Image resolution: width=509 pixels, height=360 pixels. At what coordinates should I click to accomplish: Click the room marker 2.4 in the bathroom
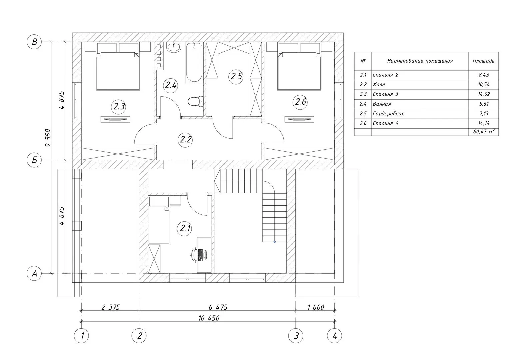pos(171,86)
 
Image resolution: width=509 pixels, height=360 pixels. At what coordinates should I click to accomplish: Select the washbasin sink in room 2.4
pos(174,48)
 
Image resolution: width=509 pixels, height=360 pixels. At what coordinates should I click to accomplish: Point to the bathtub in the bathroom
pos(194,62)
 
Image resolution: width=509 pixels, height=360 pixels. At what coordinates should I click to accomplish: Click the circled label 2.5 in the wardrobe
pos(236,77)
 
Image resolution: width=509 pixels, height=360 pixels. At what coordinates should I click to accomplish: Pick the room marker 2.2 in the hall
pos(185,140)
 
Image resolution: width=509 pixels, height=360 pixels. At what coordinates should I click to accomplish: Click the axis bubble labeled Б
pos(34,160)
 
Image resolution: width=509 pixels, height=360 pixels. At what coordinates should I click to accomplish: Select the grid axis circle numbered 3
pos(296,335)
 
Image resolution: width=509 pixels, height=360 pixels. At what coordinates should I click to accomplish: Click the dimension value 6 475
pos(218,307)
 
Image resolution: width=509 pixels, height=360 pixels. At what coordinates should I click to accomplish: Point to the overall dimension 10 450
pos(209,318)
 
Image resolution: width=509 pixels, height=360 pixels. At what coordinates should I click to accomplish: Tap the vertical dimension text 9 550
pos(48,138)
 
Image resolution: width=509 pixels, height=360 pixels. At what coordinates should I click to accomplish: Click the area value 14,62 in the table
pos(484,94)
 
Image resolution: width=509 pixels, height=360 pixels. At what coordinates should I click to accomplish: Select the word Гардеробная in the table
pos(388,113)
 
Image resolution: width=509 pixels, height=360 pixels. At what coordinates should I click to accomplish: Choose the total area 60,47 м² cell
pos(484,131)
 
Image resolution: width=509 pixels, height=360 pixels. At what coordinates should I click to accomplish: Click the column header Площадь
pos(483,61)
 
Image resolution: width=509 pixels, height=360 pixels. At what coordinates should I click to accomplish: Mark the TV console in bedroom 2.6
pos(299,119)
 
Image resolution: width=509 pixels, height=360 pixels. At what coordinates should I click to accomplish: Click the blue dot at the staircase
pos(275,242)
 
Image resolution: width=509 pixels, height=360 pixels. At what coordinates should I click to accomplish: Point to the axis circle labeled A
pos(34,273)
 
